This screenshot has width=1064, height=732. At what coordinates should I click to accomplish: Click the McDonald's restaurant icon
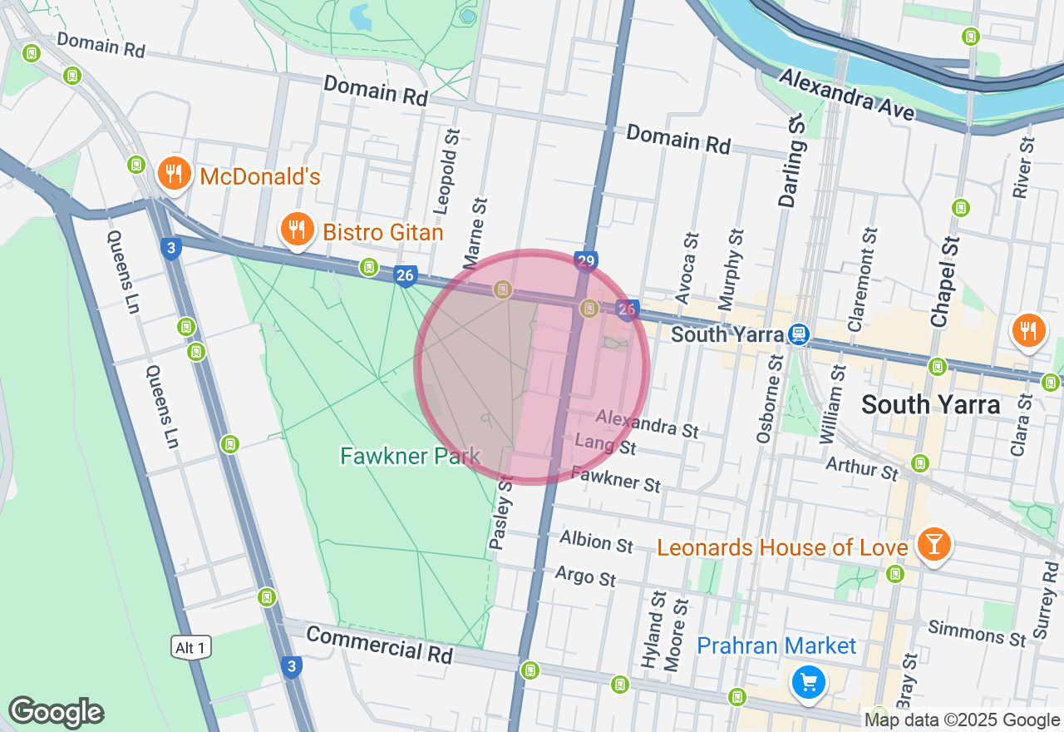click(x=172, y=174)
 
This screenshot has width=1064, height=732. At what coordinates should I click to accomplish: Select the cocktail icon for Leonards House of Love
click(x=934, y=544)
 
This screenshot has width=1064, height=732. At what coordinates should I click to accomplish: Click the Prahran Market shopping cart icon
click(x=808, y=683)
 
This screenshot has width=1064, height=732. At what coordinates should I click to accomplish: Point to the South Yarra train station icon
click(x=798, y=334)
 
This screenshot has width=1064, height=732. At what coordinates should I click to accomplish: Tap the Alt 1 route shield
click(x=191, y=647)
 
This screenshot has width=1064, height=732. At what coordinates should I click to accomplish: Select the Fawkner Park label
click(x=410, y=456)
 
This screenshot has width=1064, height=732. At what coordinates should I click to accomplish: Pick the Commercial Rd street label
click(x=379, y=645)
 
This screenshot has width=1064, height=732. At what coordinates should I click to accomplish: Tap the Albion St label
click(x=596, y=541)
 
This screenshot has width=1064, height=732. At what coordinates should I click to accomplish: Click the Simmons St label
click(x=978, y=633)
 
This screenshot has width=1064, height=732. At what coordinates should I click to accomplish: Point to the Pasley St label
click(x=502, y=512)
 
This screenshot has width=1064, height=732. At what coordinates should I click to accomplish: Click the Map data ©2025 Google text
click(x=962, y=720)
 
